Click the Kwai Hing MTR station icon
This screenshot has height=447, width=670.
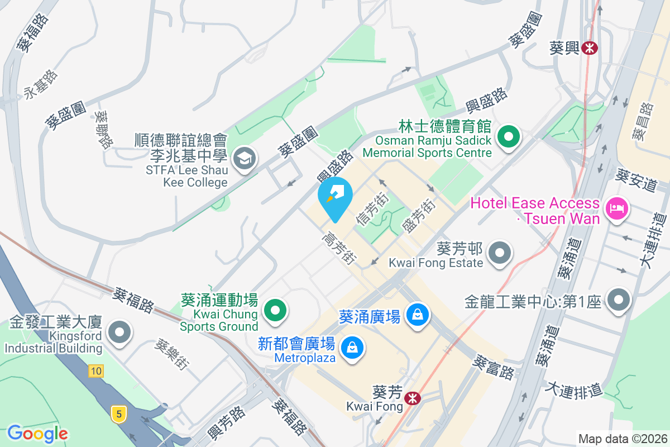[x=588, y=48]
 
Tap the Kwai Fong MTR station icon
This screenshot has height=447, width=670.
[x=413, y=398]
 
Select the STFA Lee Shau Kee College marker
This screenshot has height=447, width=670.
[x=244, y=158]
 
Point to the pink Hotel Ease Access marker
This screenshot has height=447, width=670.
[x=617, y=210]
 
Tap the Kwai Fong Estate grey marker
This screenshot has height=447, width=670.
[x=499, y=253]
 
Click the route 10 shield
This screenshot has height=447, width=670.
[x=95, y=370]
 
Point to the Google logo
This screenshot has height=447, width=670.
[x=37, y=433]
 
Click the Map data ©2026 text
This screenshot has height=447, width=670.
[x=623, y=439]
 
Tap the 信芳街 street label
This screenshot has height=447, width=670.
[x=372, y=209]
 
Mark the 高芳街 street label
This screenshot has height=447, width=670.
[x=339, y=248]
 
